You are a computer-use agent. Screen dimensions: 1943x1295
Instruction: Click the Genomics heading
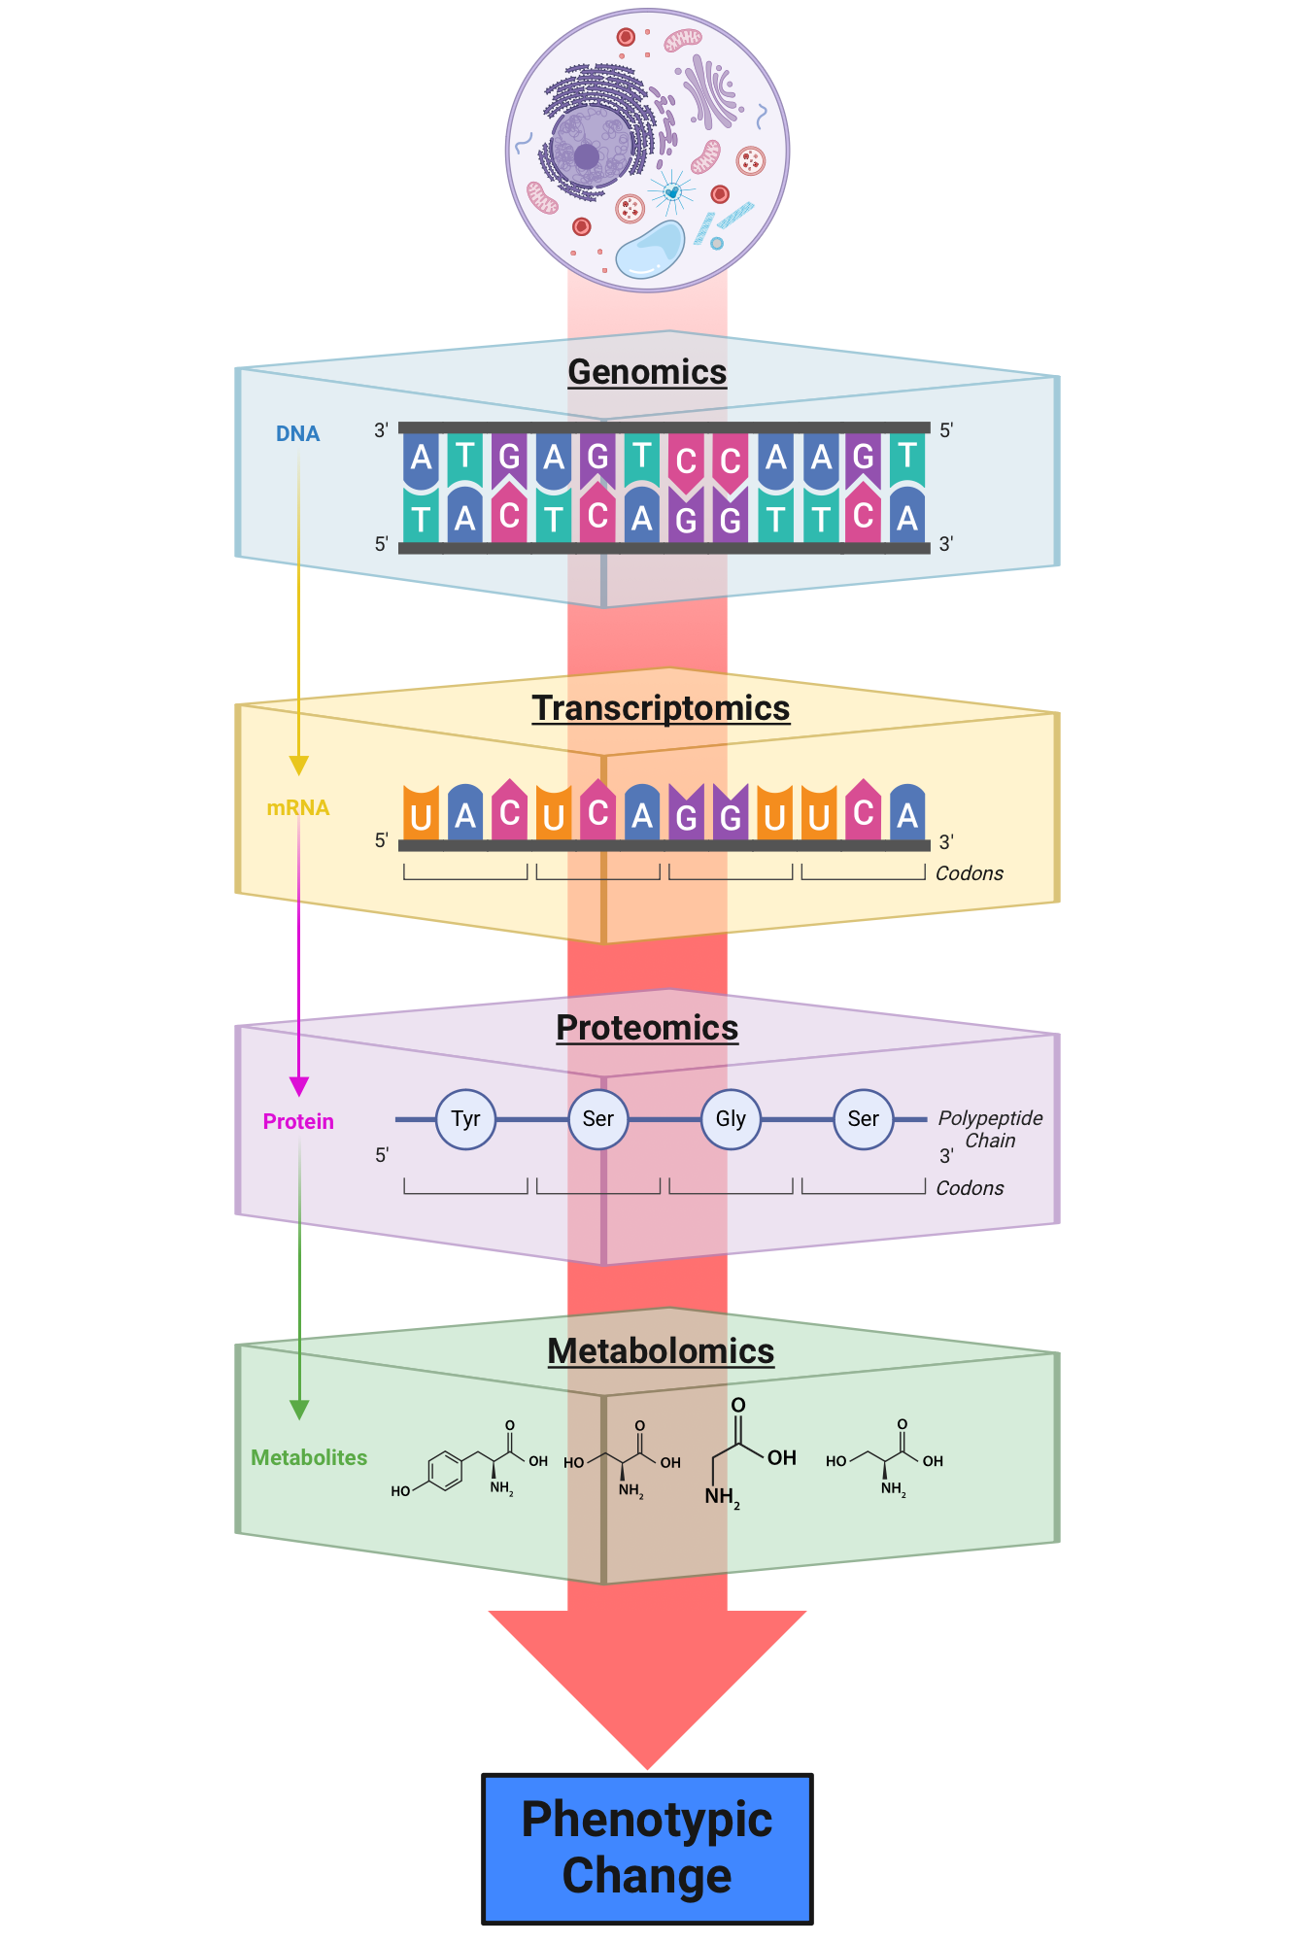[x=647, y=372]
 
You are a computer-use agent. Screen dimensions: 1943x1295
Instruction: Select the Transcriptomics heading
[x=661, y=708]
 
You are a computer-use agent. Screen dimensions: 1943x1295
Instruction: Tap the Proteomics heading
[x=647, y=1028]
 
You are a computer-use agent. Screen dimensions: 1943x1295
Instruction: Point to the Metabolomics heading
[x=661, y=1351]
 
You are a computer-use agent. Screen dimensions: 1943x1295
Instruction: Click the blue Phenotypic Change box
[x=647, y=1848]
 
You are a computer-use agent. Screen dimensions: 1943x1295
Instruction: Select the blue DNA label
[x=297, y=434]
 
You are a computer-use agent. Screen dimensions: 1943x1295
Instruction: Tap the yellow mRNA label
[x=297, y=808]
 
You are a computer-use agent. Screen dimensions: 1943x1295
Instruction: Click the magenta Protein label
[x=298, y=1122]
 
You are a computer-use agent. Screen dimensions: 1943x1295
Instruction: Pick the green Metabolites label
[x=309, y=1457]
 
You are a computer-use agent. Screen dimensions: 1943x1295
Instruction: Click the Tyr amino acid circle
[x=465, y=1119]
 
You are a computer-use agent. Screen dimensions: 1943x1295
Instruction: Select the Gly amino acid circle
[x=731, y=1119]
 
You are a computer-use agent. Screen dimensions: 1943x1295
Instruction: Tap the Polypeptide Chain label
[x=990, y=1129]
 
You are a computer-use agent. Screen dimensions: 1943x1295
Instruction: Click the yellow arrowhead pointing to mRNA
[x=299, y=766]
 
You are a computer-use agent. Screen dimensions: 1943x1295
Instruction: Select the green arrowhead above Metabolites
[x=299, y=1410]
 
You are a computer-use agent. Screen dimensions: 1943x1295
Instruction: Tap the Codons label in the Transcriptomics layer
[x=969, y=873]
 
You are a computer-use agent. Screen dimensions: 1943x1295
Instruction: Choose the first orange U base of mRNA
[x=421, y=814]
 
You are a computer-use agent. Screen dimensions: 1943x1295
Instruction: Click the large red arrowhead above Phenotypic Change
[x=647, y=1681]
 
